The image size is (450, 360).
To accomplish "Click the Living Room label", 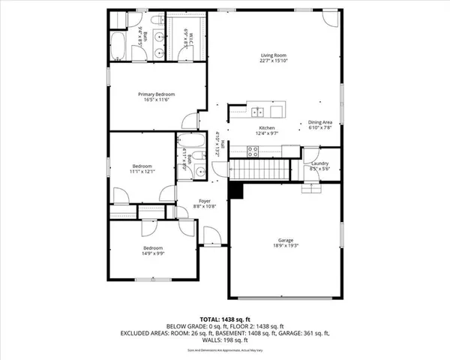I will point(274,55).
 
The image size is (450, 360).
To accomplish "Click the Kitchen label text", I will point(268,128).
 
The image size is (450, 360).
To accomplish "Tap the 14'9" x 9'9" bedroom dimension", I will point(153,253).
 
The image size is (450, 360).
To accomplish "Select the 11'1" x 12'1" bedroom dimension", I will point(142,172).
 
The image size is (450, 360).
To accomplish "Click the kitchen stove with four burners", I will point(254,150).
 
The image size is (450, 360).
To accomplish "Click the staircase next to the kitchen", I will point(256,169).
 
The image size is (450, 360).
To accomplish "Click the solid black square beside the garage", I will point(236,192).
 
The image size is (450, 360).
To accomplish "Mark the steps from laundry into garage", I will point(310,187).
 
